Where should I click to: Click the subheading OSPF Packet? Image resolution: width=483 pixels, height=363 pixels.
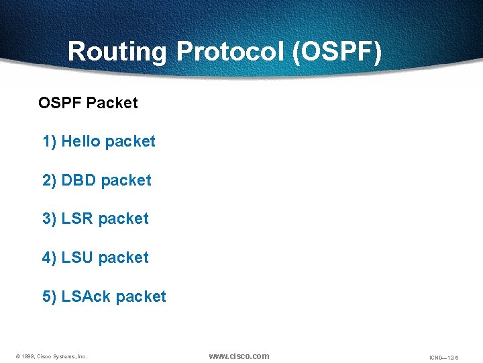tap(88, 103)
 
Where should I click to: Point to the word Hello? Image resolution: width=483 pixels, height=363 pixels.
tap(80, 141)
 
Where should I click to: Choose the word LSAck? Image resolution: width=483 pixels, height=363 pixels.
tap(86, 296)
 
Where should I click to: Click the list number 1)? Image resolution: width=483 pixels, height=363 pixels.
tap(50, 141)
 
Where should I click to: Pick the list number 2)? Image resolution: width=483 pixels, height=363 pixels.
tap(50, 180)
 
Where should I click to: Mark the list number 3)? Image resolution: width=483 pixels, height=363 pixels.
tap(50, 218)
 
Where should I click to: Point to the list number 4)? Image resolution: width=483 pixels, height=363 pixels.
tap(50, 257)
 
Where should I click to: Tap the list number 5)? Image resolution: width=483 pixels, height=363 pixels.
tap(50, 296)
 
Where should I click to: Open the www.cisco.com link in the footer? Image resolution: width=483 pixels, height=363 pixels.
tap(239, 356)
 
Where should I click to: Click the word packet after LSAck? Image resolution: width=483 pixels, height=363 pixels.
tap(141, 296)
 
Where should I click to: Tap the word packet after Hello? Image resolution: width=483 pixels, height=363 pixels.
tap(130, 141)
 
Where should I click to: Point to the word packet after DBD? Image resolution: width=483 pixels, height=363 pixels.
tap(126, 180)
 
